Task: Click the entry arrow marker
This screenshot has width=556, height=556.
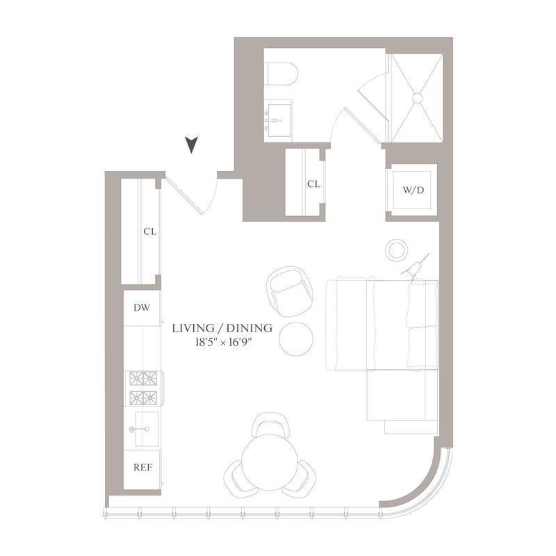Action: pos(192,145)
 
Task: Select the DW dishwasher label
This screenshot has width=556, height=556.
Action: pos(142,306)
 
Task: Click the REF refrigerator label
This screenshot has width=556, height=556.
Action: pos(142,467)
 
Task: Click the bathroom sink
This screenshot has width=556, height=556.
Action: pos(277,120)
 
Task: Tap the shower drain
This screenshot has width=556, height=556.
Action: pos(417,99)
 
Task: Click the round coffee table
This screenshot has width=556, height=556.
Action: pos(296,338)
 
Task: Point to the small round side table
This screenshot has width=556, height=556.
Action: pos(397,249)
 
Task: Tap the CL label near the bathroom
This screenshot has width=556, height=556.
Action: pos(313,184)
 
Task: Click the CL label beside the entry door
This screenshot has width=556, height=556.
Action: pos(149,231)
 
